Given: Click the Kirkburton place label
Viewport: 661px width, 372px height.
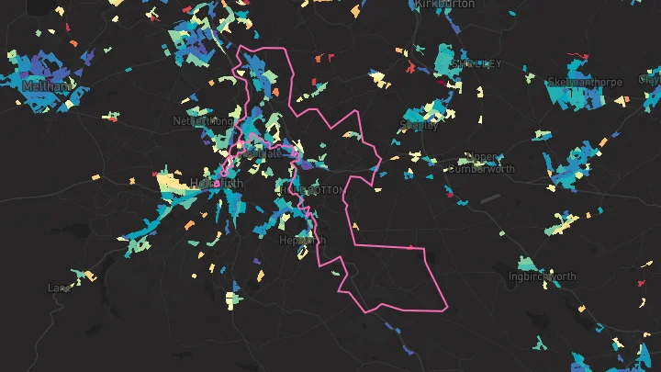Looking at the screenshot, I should pos(446,5).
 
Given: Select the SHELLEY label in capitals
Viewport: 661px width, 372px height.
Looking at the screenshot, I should pos(477,64).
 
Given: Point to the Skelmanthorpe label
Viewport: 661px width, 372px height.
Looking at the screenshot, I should pos(584,82).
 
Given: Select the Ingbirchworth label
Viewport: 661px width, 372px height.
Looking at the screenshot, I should pos(543,276).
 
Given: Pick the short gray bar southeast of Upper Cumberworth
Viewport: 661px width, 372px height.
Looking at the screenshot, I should pos(490,197).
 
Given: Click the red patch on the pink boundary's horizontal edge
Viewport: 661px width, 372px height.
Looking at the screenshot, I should pos(409,247).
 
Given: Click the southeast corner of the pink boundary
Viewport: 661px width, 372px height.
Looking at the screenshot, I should pos(446,308).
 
